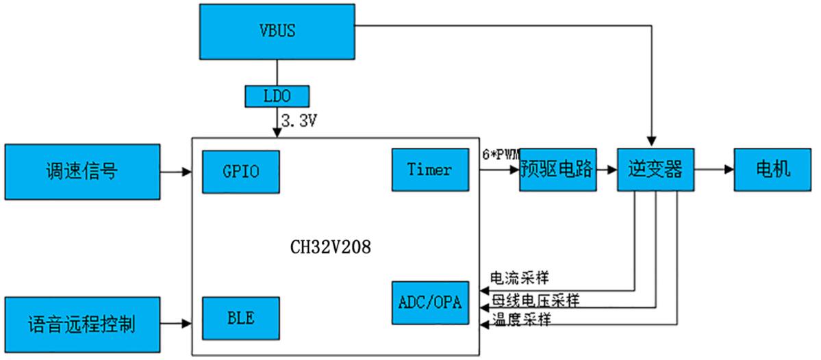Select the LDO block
pyautogui.click(x=277, y=96)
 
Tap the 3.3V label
pyautogui.click(x=299, y=121)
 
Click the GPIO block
pyautogui.click(x=241, y=171)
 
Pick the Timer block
pyautogui.click(x=429, y=170)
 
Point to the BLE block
pyautogui.click(x=240, y=319)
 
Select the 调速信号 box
pyautogui.click(x=82, y=172)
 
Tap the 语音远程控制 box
pyautogui.click(x=82, y=324)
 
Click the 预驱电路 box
pyautogui.click(x=558, y=169)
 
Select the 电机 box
pyautogui.click(x=772, y=169)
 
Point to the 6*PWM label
pyautogui.click(x=501, y=155)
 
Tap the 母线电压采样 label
pyautogui.click(x=535, y=300)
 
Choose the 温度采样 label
pyautogui.click(x=521, y=320)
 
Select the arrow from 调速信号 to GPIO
pyautogui.click(x=176, y=172)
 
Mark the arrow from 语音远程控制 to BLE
pyautogui.click(x=176, y=323)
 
